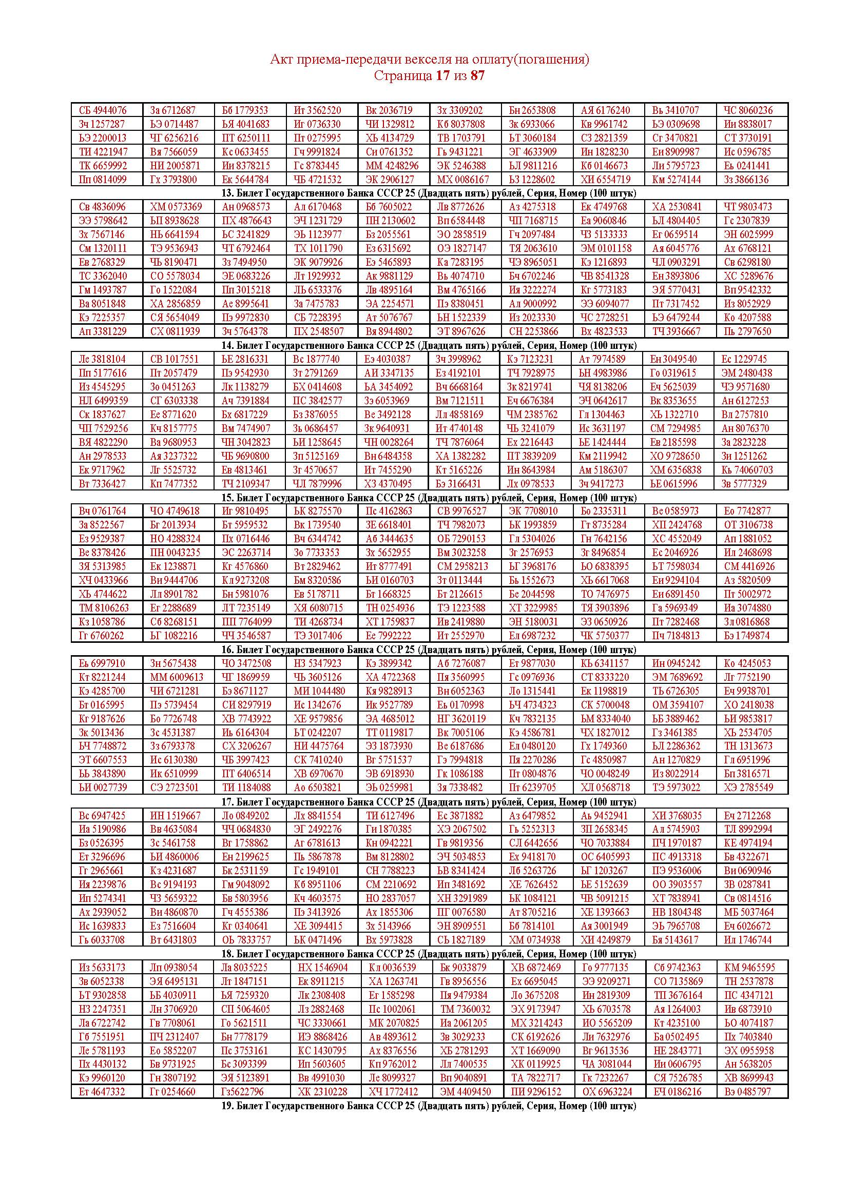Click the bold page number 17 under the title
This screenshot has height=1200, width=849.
point(442,76)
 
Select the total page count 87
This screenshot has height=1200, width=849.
point(477,76)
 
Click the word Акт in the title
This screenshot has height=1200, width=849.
point(280,60)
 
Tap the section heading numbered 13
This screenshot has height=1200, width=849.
point(429,193)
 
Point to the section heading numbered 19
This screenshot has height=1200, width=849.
point(429,1106)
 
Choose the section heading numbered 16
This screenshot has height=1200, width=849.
point(429,650)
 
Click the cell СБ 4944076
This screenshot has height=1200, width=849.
point(103,110)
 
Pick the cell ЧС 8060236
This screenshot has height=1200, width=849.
point(747,110)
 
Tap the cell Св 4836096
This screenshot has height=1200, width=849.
point(103,207)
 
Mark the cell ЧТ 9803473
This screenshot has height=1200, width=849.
point(747,207)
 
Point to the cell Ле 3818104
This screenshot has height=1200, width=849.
point(103,359)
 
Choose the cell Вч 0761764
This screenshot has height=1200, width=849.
point(103,511)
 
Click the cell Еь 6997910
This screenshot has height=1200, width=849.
point(103,663)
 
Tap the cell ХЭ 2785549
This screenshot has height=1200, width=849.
point(748,788)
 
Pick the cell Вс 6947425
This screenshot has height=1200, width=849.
point(103,815)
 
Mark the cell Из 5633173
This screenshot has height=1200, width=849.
point(103,968)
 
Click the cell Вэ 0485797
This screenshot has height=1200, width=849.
point(748,1092)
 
